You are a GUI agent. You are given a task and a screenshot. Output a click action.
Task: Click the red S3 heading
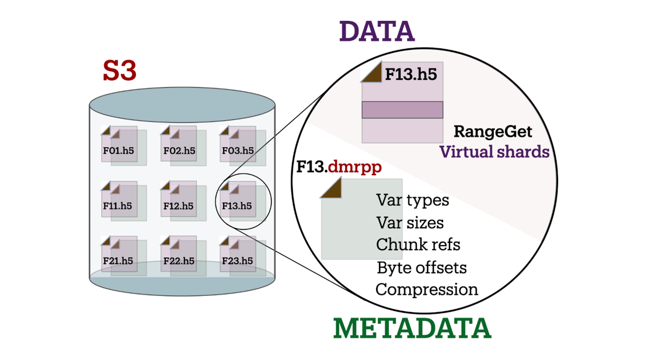(120, 71)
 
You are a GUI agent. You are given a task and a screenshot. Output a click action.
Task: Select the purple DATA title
(377, 32)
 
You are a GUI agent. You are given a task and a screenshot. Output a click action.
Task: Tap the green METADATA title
(412, 328)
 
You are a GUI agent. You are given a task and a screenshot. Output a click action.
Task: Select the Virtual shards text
(494, 152)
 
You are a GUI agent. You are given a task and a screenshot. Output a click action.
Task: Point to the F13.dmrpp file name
(339, 167)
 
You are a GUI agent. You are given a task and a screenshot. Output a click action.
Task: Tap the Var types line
(413, 200)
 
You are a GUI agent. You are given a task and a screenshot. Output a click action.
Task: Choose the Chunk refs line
(418, 244)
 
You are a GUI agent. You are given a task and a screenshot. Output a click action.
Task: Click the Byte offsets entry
(421, 267)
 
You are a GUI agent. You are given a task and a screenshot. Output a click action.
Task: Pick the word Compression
(427, 289)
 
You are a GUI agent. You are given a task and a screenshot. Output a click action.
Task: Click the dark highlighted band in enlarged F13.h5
(402, 110)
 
